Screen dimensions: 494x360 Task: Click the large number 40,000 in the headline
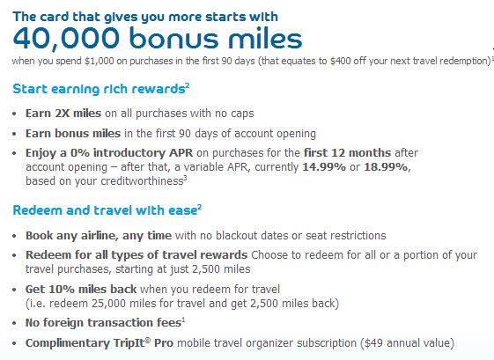pos(66,39)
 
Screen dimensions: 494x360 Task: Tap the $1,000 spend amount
pos(99,61)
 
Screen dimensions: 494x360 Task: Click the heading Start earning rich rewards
pos(99,89)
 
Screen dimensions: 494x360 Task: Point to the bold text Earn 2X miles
pos(63,113)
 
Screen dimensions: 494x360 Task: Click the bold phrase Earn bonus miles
pos(73,134)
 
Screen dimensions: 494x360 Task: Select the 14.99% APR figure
pos(324,167)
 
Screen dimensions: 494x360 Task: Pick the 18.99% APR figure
pos(387,167)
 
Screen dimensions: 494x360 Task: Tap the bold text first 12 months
pos(347,153)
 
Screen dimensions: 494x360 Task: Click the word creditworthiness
pos(142,181)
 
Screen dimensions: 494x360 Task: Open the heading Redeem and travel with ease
pos(105,210)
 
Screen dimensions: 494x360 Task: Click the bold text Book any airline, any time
pos(99,236)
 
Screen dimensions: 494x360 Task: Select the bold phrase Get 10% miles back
pos(81,289)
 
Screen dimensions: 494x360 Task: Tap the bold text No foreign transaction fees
pos(103,323)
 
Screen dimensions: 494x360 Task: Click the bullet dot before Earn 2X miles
pos(14,114)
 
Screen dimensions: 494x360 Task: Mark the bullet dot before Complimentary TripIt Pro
pos(14,344)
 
